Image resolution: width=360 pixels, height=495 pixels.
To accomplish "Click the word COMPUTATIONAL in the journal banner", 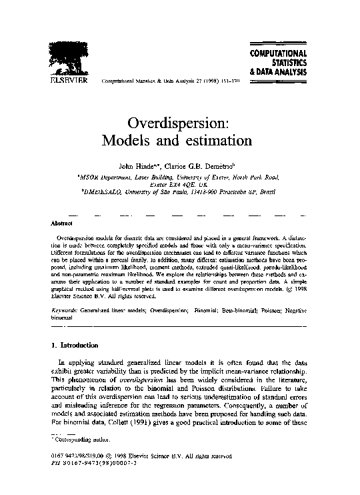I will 278,53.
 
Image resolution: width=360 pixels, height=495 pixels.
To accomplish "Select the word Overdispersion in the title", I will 177,123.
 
